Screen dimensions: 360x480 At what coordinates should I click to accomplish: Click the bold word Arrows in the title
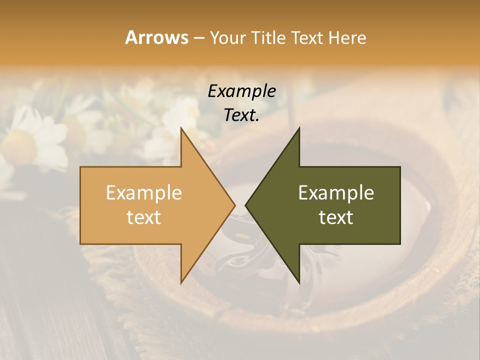pyautogui.click(x=156, y=37)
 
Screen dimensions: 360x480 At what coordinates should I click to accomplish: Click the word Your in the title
pyautogui.click(x=228, y=38)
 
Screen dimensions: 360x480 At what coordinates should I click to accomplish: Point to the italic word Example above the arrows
pyautogui.click(x=242, y=91)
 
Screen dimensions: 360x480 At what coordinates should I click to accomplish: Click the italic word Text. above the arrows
pyautogui.click(x=242, y=115)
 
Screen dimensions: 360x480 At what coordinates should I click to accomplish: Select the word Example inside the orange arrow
pyautogui.click(x=144, y=193)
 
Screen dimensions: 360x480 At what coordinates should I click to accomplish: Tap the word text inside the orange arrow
pyautogui.click(x=144, y=217)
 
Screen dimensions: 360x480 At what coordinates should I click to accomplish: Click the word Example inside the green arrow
pyautogui.click(x=336, y=193)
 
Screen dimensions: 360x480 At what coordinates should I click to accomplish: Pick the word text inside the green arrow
pyautogui.click(x=336, y=217)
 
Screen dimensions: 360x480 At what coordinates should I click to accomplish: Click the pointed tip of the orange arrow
pyautogui.click(x=234, y=205)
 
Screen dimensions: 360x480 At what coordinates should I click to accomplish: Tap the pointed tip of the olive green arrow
pyautogui.click(x=245, y=205)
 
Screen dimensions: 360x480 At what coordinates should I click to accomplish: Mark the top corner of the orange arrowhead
pyautogui.click(x=181, y=128)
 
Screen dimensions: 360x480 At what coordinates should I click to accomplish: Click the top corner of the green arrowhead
pyautogui.click(x=299, y=128)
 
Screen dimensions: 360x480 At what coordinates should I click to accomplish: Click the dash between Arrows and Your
pyautogui.click(x=198, y=38)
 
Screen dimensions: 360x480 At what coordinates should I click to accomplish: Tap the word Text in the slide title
pyautogui.click(x=309, y=37)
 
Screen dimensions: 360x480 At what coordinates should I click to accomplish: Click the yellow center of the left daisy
pyautogui.click(x=19, y=145)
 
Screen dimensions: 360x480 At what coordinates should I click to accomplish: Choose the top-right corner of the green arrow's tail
pyautogui.click(x=400, y=167)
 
